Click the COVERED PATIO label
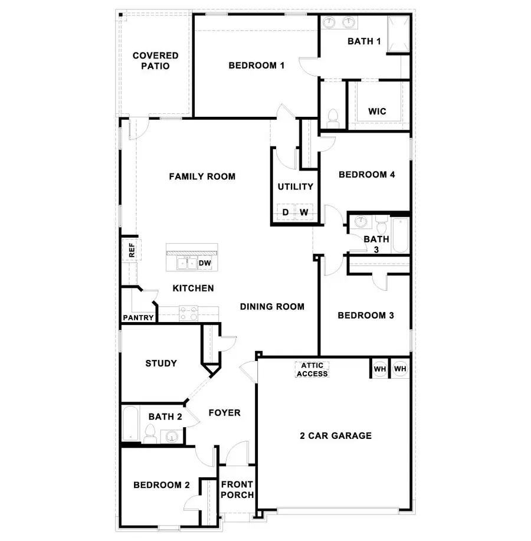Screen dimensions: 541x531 click(155, 61)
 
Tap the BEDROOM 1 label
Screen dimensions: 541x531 click(257, 65)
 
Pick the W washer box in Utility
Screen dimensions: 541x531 click(304, 212)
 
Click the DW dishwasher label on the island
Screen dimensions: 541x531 click(205, 263)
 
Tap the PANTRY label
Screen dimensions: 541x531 click(138, 318)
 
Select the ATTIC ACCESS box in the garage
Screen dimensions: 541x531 click(312, 370)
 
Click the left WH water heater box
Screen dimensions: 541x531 click(379, 369)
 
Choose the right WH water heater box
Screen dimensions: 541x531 click(400, 369)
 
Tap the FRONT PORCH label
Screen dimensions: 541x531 click(237, 490)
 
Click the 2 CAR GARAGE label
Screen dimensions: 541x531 click(336, 436)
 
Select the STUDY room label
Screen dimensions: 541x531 click(161, 363)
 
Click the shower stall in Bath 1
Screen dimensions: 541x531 click(398, 35)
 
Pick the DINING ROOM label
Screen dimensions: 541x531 click(272, 306)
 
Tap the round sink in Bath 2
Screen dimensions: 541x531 click(172, 437)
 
